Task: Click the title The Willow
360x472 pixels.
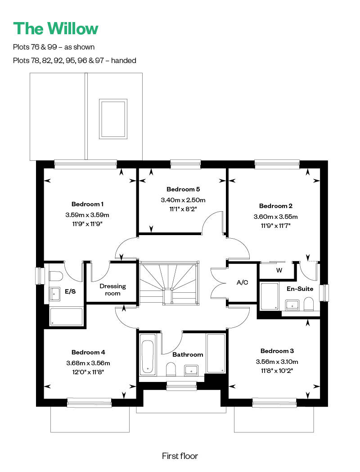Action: coord(56,28)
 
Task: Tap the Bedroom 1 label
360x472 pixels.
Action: coord(87,204)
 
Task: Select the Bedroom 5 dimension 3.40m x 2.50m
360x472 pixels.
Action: coord(183,200)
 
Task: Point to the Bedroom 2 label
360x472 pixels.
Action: coord(276,206)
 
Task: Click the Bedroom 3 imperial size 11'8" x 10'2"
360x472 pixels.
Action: coord(277,371)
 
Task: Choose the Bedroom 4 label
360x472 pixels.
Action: coord(88,352)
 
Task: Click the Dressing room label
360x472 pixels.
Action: coord(113,290)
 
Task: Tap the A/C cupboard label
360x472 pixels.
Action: coord(243,282)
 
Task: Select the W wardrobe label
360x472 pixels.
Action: coord(279,270)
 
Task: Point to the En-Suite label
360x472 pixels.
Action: coord(300,289)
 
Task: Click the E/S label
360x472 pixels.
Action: coord(70,291)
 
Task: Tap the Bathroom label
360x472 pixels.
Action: coord(188,354)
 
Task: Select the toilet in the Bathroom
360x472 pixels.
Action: coord(171,369)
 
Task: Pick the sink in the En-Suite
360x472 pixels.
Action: coord(292,304)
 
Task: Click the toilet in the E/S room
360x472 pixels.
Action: coord(55,276)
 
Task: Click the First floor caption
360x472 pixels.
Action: coord(180,456)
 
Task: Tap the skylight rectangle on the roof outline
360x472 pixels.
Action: coord(113,118)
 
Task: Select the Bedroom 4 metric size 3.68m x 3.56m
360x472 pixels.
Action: coord(88,363)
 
